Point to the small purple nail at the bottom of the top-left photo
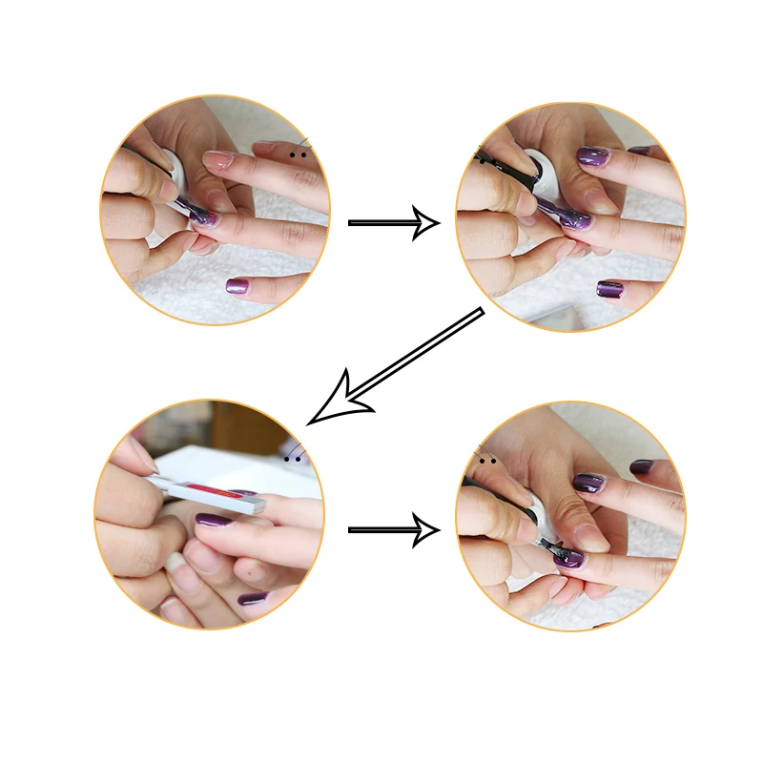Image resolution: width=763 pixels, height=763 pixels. pos(237,285)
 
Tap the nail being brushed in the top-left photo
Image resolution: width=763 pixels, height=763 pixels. pos(202,218)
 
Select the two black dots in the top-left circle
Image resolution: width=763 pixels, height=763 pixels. pos(299,152)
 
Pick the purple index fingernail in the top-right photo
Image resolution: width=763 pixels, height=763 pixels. pos(592,155)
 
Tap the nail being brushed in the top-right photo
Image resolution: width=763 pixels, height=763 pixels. pos(571,220)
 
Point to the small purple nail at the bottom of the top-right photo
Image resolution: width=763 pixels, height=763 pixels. pos(609,288)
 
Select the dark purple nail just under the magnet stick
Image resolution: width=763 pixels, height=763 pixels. pos(215,521)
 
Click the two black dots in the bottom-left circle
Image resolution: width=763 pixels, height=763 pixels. pos(294,459)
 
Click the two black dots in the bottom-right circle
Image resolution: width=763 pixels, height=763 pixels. pos(487,462)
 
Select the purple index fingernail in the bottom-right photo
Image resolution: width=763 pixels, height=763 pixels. pos(587,484)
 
